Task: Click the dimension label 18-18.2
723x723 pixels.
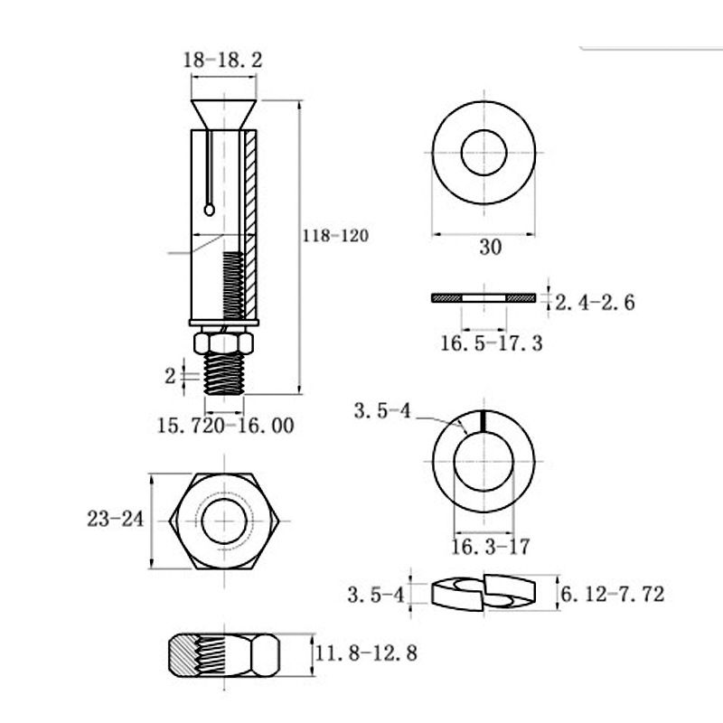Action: (x=222, y=60)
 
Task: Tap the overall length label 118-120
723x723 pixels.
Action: (x=335, y=236)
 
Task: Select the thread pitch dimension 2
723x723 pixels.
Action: (x=170, y=376)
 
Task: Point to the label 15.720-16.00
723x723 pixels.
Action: (x=225, y=425)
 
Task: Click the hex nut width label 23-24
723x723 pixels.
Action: (x=116, y=519)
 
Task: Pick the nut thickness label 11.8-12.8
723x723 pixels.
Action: (x=366, y=653)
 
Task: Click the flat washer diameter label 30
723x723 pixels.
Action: (x=490, y=247)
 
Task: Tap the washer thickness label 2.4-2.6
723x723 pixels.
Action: (x=595, y=302)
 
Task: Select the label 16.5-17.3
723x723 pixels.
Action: (x=492, y=343)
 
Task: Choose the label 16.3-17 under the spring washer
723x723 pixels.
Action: (x=490, y=547)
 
